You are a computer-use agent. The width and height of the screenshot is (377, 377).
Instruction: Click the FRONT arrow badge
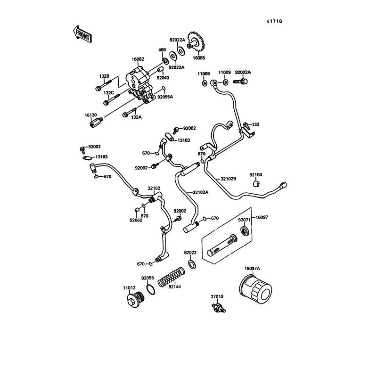pyautogui.click(x=82, y=34)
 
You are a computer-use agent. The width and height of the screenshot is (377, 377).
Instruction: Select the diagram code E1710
pyautogui.click(x=275, y=21)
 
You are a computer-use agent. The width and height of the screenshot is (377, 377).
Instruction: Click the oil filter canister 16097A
pyautogui.click(x=255, y=291)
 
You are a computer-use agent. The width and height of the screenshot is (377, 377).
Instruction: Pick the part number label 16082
pyautogui.click(x=137, y=59)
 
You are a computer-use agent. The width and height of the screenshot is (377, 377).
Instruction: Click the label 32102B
pyautogui.click(x=229, y=179)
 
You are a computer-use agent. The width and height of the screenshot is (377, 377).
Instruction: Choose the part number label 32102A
pyautogui.click(x=200, y=192)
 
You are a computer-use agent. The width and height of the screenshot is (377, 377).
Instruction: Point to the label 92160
pyautogui.click(x=256, y=175)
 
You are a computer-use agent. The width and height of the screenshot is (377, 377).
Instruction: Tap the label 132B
pyautogui.click(x=104, y=76)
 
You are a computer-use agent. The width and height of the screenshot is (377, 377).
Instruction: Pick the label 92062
pyautogui.click(x=136, y=220)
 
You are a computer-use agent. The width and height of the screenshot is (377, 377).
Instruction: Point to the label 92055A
pyautogui.click(x=165, y=97)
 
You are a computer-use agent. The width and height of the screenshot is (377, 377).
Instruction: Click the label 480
pyautogui.click(x=162, y=50)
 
